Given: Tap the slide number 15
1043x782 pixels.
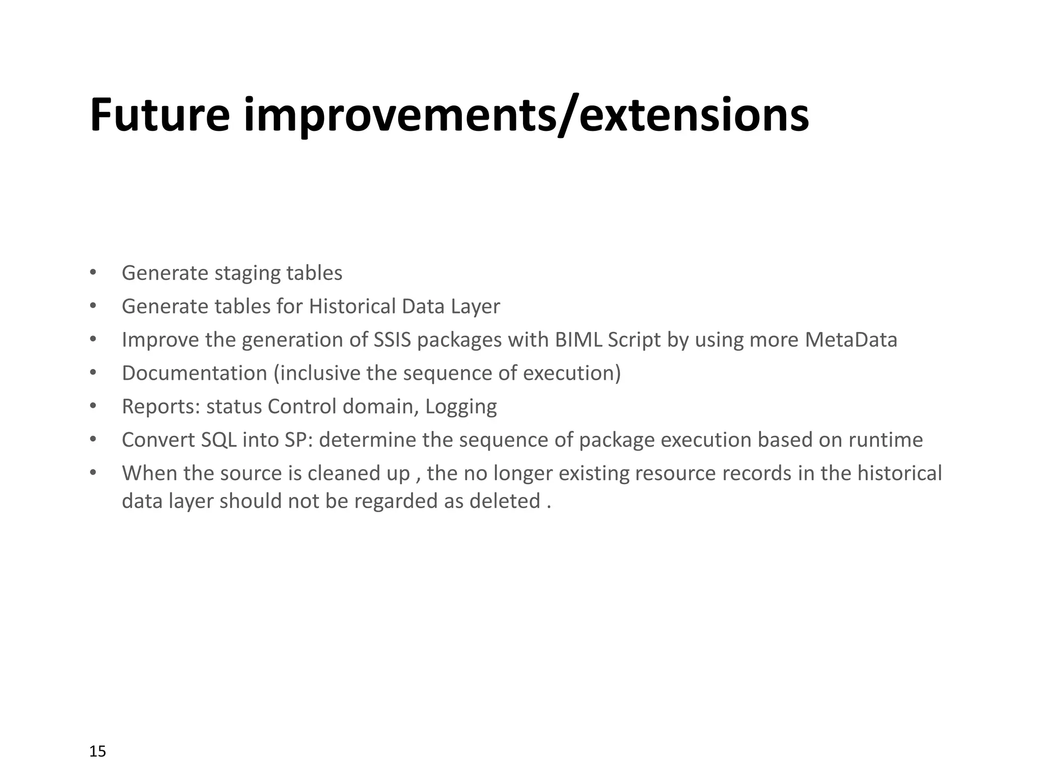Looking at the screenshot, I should pyautogui.click(x=97, y=751).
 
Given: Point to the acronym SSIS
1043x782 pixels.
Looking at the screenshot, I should pyautogui.click(x=392, y=340).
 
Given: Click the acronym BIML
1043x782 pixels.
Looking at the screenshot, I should pyautogui.click(x=578, y=340).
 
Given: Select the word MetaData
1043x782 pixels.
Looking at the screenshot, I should pyautogui.click(x=851, y=340).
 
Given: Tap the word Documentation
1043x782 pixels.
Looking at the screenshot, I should pyautogui.click(x=195, y=373).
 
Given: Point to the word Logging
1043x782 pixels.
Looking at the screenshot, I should pyautogui.click(x=461, y=407).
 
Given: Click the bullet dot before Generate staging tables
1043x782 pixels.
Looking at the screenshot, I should pyautogui.click(x=93, y=272).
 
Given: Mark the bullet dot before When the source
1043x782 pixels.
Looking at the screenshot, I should pyautogui.click(x=93, y=472).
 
